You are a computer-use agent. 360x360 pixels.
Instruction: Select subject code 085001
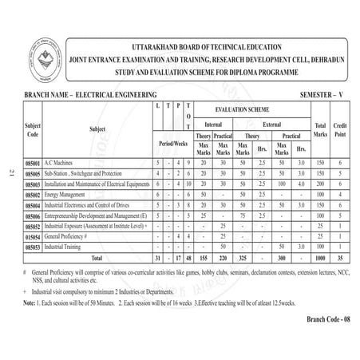35,161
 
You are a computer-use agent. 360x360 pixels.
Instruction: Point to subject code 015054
35,237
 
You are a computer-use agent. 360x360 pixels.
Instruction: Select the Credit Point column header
340,130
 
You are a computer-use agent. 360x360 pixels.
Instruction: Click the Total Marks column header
320,130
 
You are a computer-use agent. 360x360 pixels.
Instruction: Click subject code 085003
35,184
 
